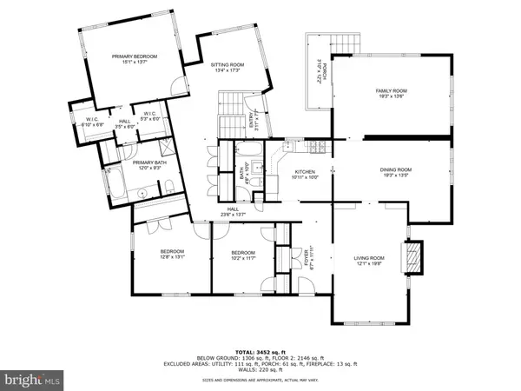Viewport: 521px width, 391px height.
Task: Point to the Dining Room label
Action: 395,169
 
